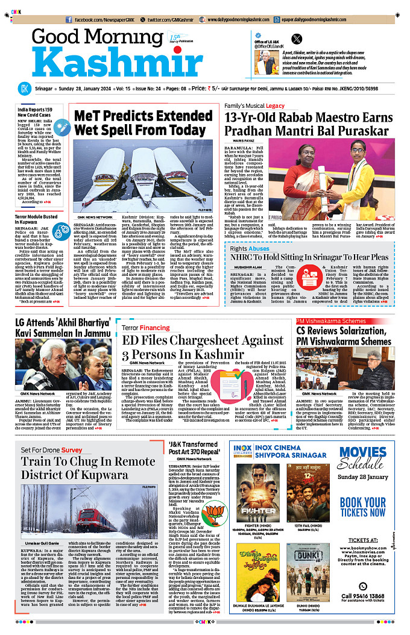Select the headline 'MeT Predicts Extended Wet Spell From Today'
click(143, 123)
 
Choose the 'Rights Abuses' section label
click(250, 248)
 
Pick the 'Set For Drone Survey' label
click(51, 450)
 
